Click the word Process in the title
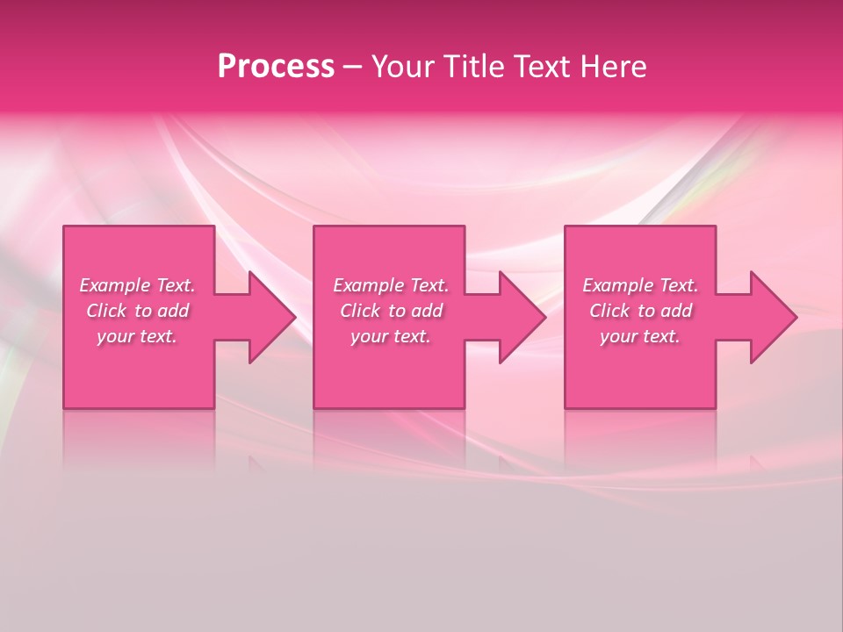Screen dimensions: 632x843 point(276,67)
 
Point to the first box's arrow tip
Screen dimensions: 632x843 point(294,317)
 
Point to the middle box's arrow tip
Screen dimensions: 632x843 point(544,317)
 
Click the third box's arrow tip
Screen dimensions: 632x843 point(795,317)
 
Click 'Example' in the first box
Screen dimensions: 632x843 point(115,285)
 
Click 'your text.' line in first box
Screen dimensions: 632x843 point(137,336)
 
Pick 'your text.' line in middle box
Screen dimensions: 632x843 point(391,336)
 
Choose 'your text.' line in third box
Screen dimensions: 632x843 point(640,336)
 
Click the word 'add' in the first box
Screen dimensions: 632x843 point(173,311)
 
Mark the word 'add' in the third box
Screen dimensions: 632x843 point(676,311)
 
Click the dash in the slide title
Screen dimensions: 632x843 point(352,68)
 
